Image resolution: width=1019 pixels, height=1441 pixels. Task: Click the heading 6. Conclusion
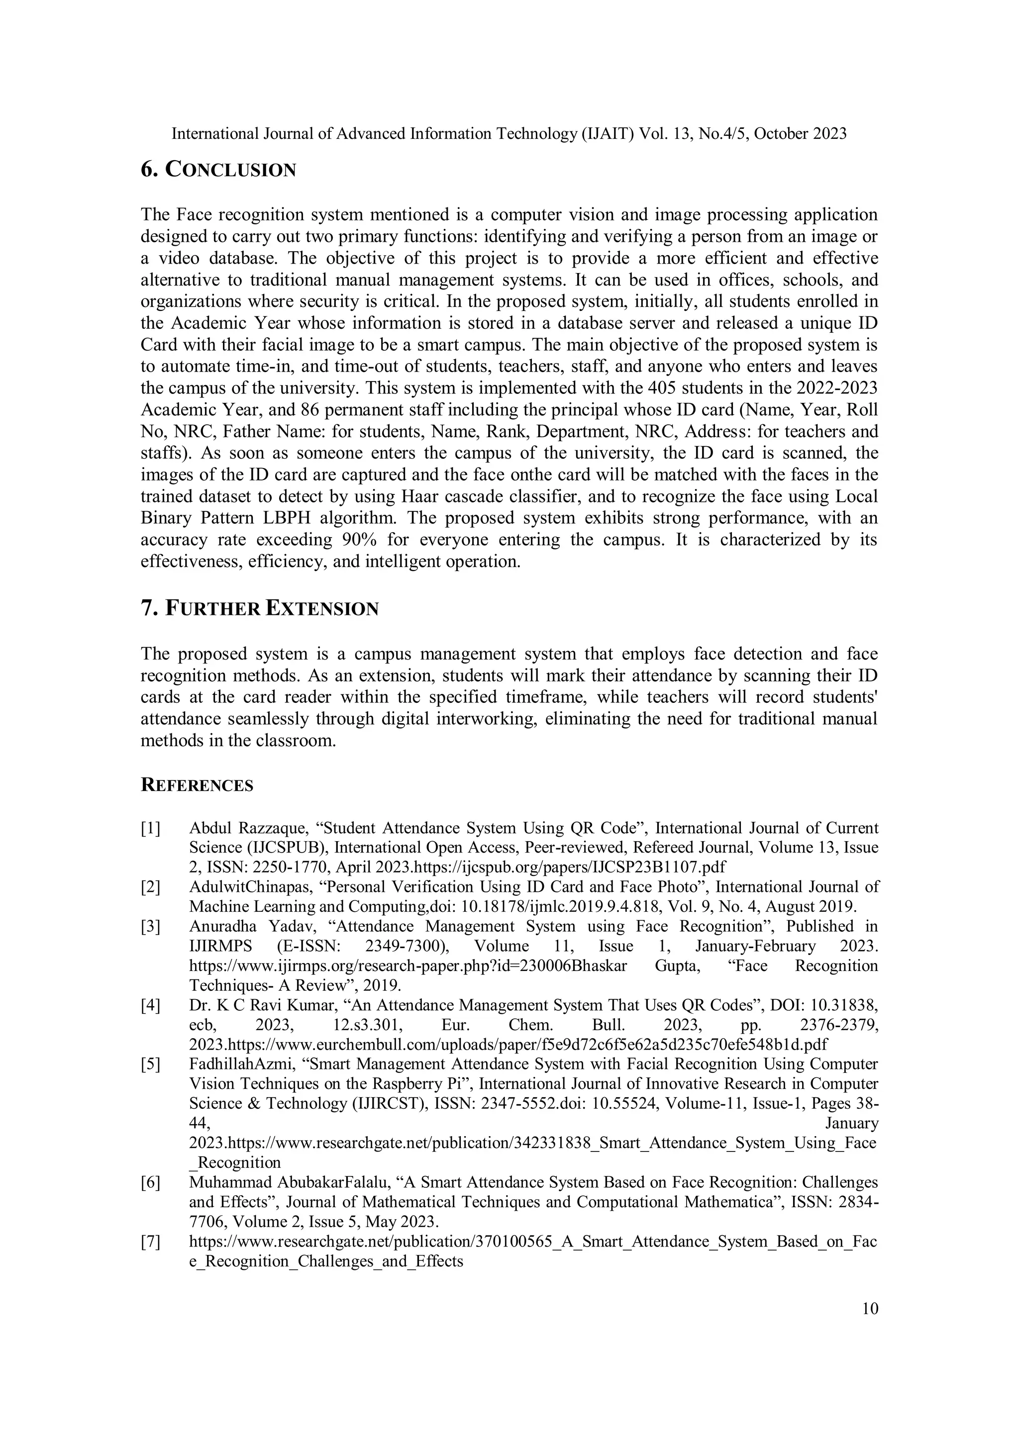point(218,170)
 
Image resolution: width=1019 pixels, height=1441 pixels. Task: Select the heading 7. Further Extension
point(259,608)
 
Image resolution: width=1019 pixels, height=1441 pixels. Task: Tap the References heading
point(197,786)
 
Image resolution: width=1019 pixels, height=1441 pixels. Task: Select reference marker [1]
point(151,829)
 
